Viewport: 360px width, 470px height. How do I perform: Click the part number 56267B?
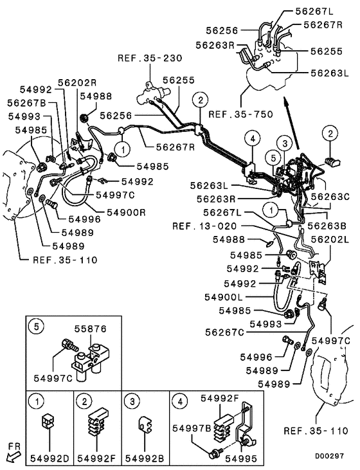26,103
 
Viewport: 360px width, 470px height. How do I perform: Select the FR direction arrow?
11,455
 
